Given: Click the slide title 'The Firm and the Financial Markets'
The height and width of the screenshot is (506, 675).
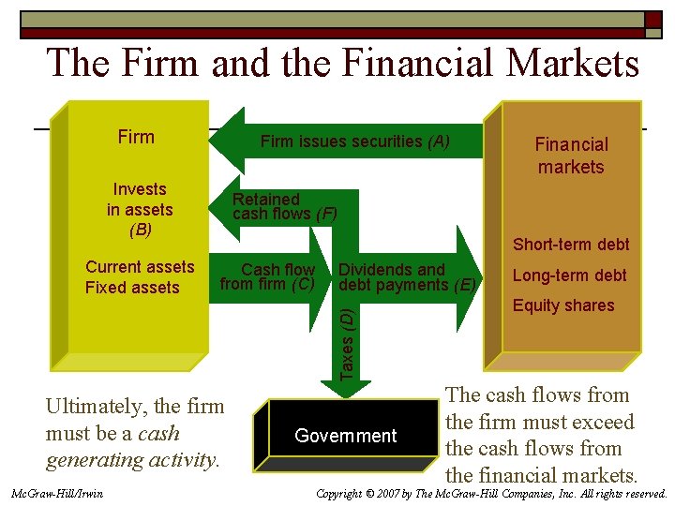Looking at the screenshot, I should (x=343, y=64).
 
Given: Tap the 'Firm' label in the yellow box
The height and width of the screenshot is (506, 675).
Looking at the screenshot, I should (x=136, y=137).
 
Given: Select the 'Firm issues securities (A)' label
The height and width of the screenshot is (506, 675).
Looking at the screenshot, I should (x=354, y=141).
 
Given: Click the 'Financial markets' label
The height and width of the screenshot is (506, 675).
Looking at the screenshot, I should (x=571, y=156).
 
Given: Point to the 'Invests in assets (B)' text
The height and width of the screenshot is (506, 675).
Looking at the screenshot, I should (x=139, y=209).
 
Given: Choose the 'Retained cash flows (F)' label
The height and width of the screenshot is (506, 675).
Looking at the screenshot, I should (x=284, y=206).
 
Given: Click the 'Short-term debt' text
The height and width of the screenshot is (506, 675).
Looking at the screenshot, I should (x=571, y=245).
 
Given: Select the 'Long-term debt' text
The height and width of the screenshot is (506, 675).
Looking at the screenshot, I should (x=569, y=275).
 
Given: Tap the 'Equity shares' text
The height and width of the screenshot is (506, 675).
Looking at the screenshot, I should (x=563, y=305).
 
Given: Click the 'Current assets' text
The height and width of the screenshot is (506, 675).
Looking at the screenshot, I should (x=140, y=267).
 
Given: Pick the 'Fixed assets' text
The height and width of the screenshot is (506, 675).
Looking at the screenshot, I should (x=132, y=288).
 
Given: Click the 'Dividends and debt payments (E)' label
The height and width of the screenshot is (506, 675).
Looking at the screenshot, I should (x=407, y=276).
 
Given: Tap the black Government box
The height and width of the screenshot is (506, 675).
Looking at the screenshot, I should (x=346, y=436).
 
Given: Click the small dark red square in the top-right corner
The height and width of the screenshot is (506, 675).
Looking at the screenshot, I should (x=652, y=20).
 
